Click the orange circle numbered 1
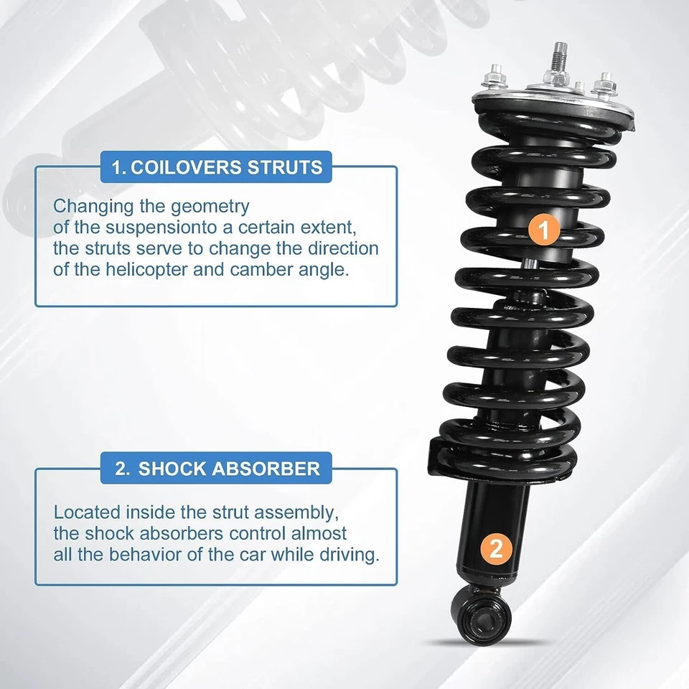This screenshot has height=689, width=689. click(543, 230)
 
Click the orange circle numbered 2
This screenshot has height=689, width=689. click(496, 550)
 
